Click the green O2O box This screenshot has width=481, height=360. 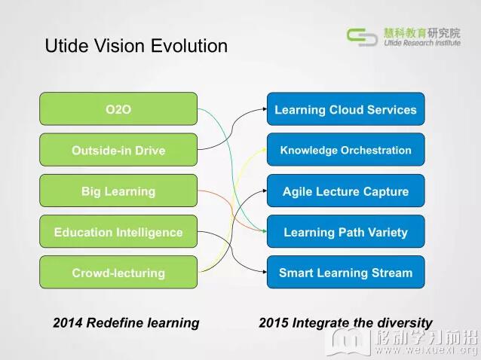click(118, 108)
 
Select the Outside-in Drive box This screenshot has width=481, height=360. click(118, 150)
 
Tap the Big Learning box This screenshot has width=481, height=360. click(118, 191)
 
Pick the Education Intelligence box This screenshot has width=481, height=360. click(118, 231)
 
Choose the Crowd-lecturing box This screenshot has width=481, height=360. click(118, 272)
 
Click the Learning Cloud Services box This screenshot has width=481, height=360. click(346, 108)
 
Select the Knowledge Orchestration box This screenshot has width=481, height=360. click(346, 150)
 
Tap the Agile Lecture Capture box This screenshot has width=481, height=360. click(346, 191)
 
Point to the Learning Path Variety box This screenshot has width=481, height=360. click(346, 231)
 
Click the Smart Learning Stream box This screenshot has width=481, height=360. click(346, 272)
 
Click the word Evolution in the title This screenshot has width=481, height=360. click(189, 46)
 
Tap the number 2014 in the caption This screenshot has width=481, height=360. click(68, 323)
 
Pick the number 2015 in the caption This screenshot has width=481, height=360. click(274, 323)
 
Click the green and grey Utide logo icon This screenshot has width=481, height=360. click(362, 37)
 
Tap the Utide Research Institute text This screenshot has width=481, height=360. click(422, 43)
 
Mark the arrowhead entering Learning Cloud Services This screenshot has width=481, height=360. click(265, 108)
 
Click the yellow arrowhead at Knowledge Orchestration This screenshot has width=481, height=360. click(265, 149)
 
